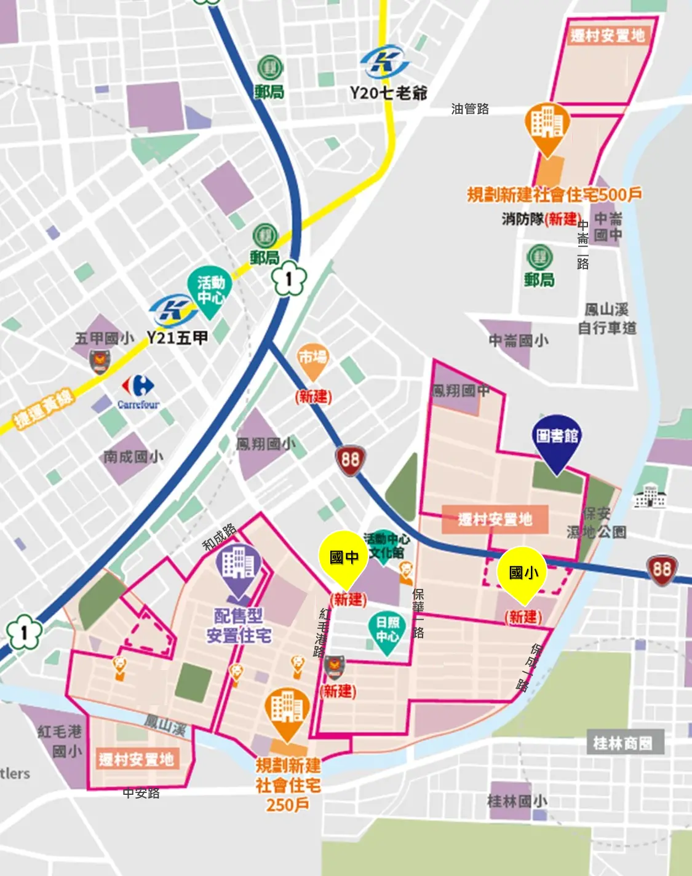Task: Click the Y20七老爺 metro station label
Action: (x=388, y=93)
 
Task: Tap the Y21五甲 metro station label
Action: (x=177, y=337)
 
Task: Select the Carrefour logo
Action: (x=138, y=392)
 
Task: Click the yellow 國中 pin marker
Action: (x=343, y=557)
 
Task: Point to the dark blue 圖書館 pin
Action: (x=557, y=438)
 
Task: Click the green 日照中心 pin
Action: (x=388, y=630)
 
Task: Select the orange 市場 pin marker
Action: (x=312, y=358)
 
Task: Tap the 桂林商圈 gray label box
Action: (x=622, y=743)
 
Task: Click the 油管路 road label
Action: (x=470, y=109)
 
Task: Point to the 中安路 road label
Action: (x=141, y=793)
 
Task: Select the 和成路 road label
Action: (x=220, y=537)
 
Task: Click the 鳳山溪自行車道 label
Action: (x=607, y=319)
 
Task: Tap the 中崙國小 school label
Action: (x=518, y=341)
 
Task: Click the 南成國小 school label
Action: (x=133, y=457)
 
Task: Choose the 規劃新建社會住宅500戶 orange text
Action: (x=554, y=195)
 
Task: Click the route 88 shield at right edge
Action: (x=662, y=570)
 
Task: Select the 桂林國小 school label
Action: (x=517, y=801)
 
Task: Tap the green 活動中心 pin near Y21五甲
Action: (x=210, y=290)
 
